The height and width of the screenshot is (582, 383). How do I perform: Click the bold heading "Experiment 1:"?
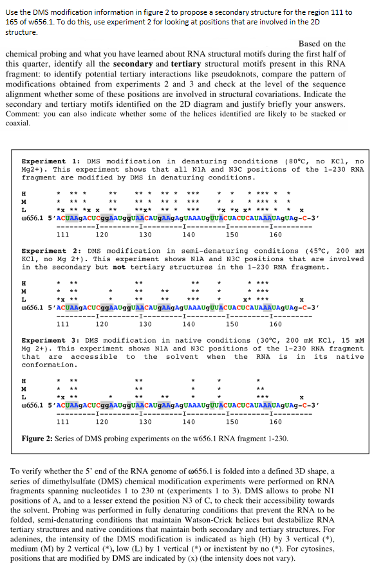click(44, 161)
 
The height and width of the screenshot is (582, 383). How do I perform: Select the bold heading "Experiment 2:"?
click(44, 251)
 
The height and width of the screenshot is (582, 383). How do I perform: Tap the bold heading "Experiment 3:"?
click(44, 340)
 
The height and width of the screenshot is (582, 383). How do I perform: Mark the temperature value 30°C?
click(224, 340)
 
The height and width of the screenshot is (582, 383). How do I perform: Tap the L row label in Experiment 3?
click(24, 396)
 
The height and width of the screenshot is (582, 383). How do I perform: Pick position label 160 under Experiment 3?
click(276, 423)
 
